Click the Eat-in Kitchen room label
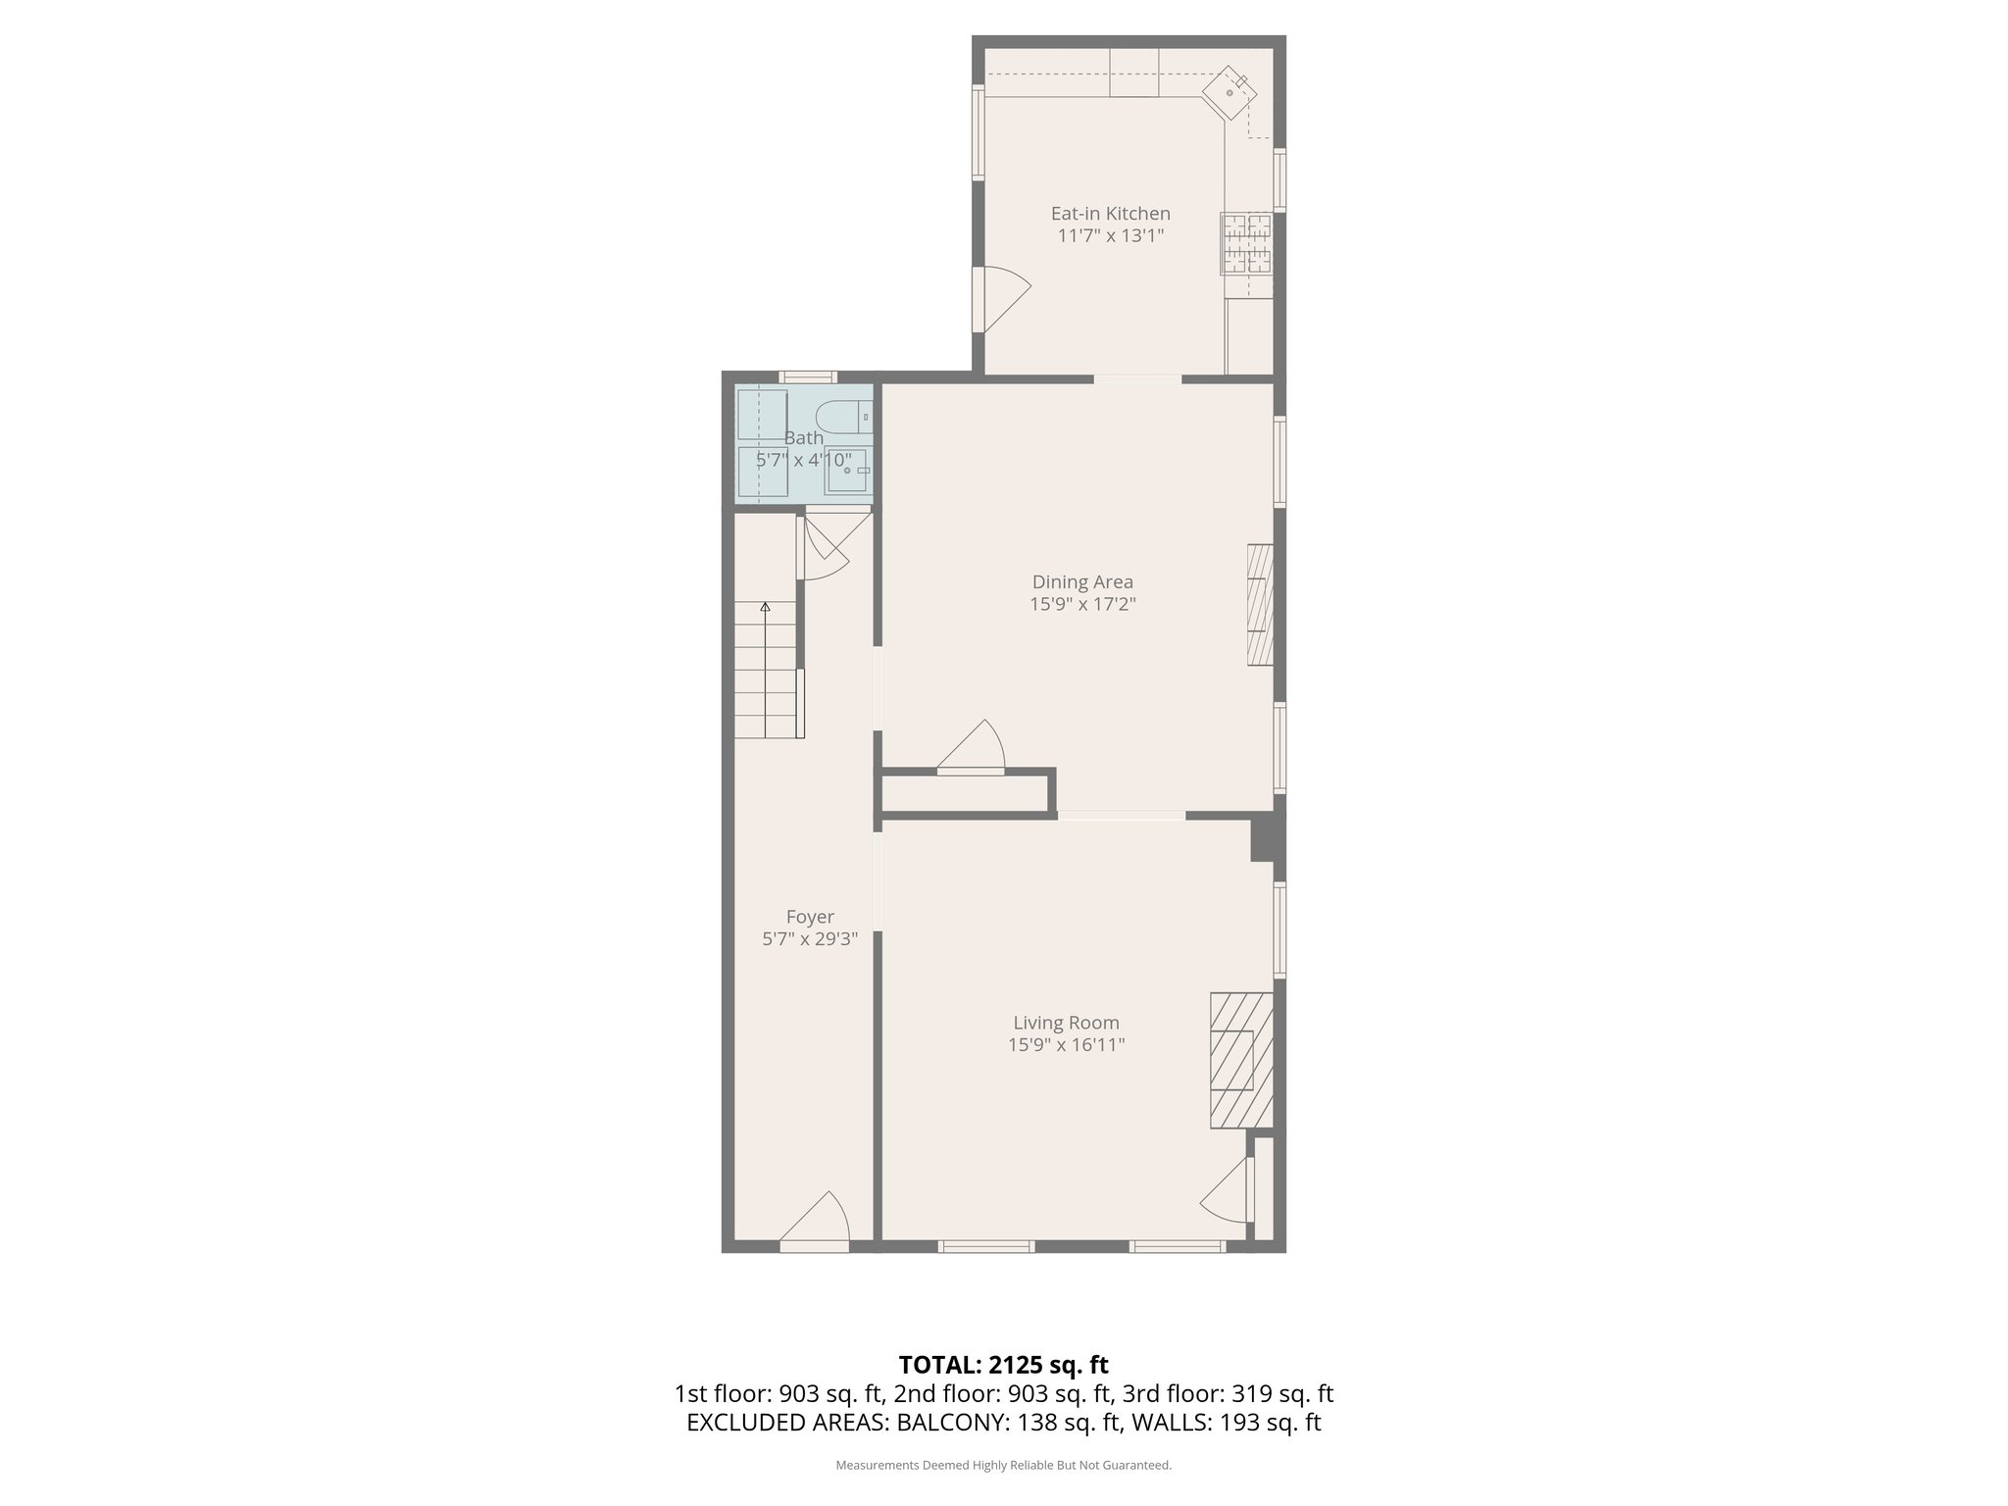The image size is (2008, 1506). click(x=1110, y=213)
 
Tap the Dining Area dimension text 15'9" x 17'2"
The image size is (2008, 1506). click(x=1082, y=604)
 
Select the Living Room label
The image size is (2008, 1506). click(x=1066, y=1023)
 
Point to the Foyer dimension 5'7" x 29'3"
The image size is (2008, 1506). click(x=810, y=938)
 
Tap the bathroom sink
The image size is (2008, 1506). click(x=846, y=471)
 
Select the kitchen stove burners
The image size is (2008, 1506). click(x=1246, y=243)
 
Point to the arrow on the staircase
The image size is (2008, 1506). click(x=765, y=607)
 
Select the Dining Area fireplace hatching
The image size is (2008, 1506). click(x=1260, y=605)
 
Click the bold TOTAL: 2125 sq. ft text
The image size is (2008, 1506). click(x=1003, y=1365)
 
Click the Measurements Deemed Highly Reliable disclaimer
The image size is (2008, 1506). click(x=1003, y=1465)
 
